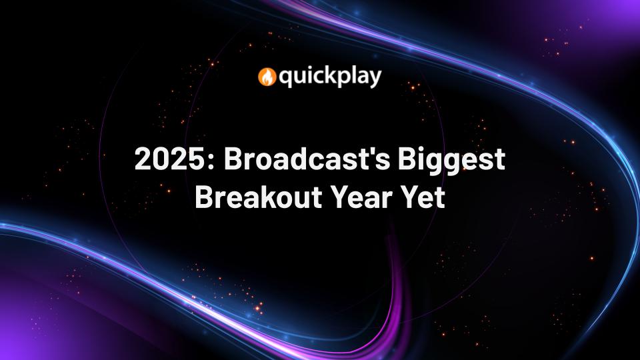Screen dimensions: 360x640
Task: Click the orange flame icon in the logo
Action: (x=267, y=77)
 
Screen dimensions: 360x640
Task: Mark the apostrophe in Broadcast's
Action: (x=389, y=153)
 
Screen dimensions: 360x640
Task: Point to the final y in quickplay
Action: (x=375, y=80)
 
